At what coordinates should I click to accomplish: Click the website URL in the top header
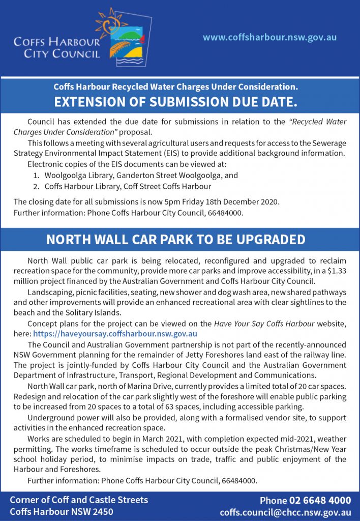point(269,38)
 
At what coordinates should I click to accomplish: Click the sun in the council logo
point(107,22)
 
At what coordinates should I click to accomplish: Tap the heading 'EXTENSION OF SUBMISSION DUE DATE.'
point(175,101)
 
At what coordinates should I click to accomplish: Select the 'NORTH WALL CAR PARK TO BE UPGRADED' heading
point(175,240)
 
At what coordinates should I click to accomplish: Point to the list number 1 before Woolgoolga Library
point(36,175)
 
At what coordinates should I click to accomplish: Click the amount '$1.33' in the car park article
point(336,271)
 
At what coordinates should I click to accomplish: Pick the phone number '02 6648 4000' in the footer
point(320,500)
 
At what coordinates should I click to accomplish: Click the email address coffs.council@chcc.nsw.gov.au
point(285,512)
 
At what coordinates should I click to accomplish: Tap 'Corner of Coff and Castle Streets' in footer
point(79,500)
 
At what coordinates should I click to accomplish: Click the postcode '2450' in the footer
point(102,511)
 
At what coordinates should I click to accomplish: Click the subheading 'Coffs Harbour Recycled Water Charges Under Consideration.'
point(175,86)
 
